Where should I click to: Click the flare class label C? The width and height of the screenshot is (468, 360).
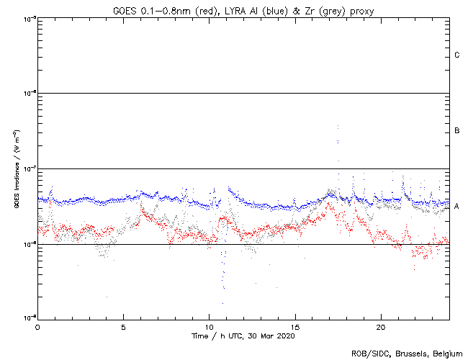pos(457,55)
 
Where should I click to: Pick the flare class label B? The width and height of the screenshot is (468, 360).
pos(457,131)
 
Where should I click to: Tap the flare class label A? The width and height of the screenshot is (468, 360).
pos(457,207)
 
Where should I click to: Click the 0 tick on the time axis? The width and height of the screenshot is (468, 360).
pos(37,325)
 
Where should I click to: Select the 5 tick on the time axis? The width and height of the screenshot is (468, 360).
pos(123,325)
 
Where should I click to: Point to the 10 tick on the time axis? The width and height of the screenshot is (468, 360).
pos(209,325)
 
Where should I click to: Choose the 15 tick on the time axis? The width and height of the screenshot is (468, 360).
pos(294,325)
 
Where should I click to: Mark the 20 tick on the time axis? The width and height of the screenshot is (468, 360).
pos(380,325)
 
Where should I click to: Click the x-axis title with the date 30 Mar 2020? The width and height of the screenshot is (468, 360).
pos(243,336)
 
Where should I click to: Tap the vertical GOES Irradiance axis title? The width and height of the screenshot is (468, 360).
pos(15,168)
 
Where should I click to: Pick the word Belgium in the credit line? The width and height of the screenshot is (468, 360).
pos(446,354)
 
